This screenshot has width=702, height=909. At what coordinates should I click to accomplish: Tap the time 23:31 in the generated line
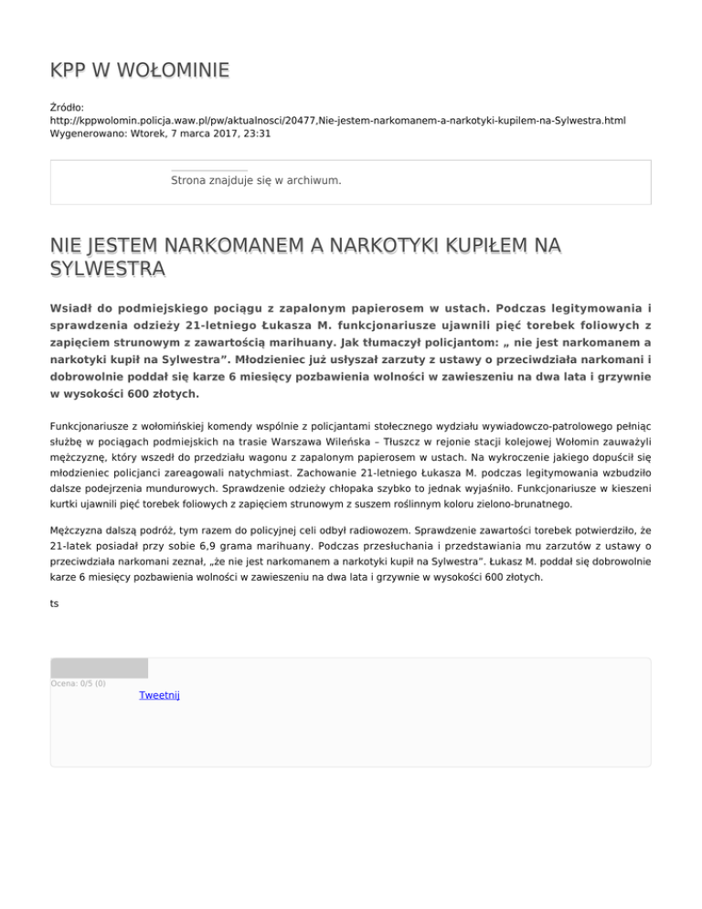[x=255, y=134]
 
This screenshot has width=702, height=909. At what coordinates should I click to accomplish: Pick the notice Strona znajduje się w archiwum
[x=256, y=180]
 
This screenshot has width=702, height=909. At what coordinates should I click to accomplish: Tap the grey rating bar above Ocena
[x=99, y=668]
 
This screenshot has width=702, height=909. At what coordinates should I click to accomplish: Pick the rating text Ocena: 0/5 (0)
[x=78, y=683]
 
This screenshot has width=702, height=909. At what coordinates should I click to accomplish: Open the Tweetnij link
[x=159, y=696]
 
